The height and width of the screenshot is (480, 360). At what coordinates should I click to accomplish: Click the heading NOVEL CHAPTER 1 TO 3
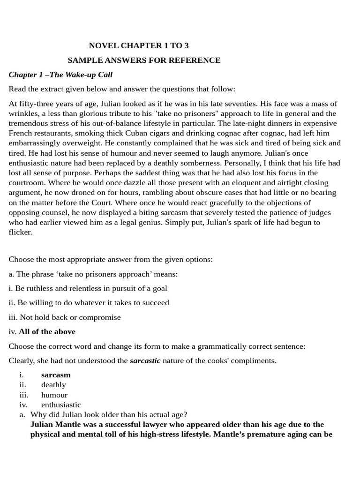[139, 45]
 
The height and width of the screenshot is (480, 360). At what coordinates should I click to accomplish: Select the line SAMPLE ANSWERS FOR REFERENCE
[144, 60]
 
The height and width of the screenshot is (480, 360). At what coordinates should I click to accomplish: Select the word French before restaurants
[21, 133]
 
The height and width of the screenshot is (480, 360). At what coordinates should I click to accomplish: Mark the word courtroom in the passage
[27, 183]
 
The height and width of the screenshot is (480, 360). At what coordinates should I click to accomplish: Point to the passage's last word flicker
[20, 232]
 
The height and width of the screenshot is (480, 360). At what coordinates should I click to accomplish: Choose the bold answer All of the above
[47, 331]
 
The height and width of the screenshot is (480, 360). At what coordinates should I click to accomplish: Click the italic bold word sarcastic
[145, 360]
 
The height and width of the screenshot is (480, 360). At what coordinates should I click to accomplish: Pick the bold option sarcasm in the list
[56, 375]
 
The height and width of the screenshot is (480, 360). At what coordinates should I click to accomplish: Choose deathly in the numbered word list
[53, 385]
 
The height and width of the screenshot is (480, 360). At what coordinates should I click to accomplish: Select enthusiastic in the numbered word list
[61, 405]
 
